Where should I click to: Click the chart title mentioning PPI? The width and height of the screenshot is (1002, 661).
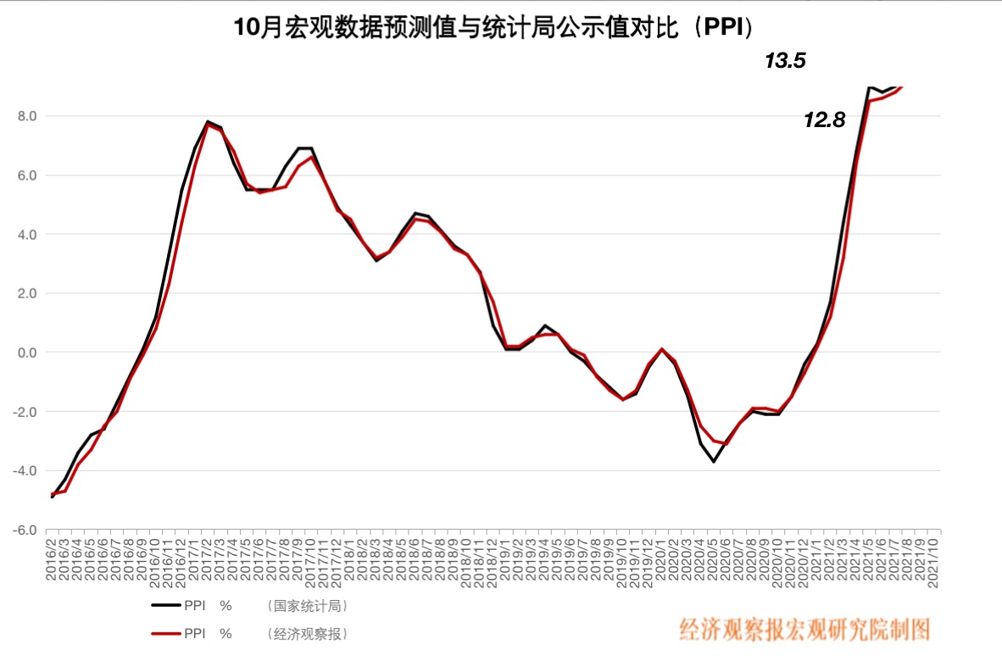494,28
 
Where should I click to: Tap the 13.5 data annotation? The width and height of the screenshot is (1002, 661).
785,61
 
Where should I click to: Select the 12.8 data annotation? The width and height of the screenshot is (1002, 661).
824,120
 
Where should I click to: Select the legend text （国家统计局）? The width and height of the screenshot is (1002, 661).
307,606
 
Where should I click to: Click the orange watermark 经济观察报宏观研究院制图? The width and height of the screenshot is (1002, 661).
804,629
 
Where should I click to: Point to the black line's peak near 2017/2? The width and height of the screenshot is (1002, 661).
208,121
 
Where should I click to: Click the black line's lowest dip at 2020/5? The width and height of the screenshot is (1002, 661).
714,461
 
